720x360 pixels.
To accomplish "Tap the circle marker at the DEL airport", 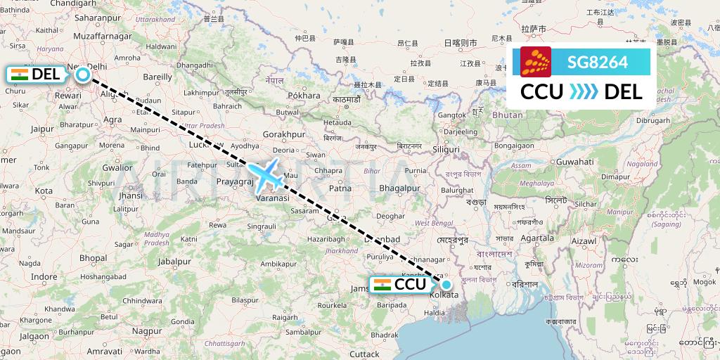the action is (x=83, y=75).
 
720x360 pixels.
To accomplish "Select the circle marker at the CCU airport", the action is (x=446, y=285).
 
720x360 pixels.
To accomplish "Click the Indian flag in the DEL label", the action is (x=19, y=74).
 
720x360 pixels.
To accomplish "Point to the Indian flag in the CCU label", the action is (x=382, y=284).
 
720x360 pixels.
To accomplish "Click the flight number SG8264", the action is (x=598, y=62).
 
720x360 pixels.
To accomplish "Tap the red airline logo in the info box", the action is (x=536, y=62).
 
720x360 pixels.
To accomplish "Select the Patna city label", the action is (x=340, y=188).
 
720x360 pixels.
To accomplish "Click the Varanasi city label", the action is (x=271, y=198).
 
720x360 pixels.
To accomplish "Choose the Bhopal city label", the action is (x=92, y=258).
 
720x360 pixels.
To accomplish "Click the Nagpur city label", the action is (x=146, y=330).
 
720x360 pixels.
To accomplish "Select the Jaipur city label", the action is (x=42, y=129).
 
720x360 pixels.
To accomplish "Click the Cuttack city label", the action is (x=364, y=354).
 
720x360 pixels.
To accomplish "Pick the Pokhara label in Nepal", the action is (x=304, y=95).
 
